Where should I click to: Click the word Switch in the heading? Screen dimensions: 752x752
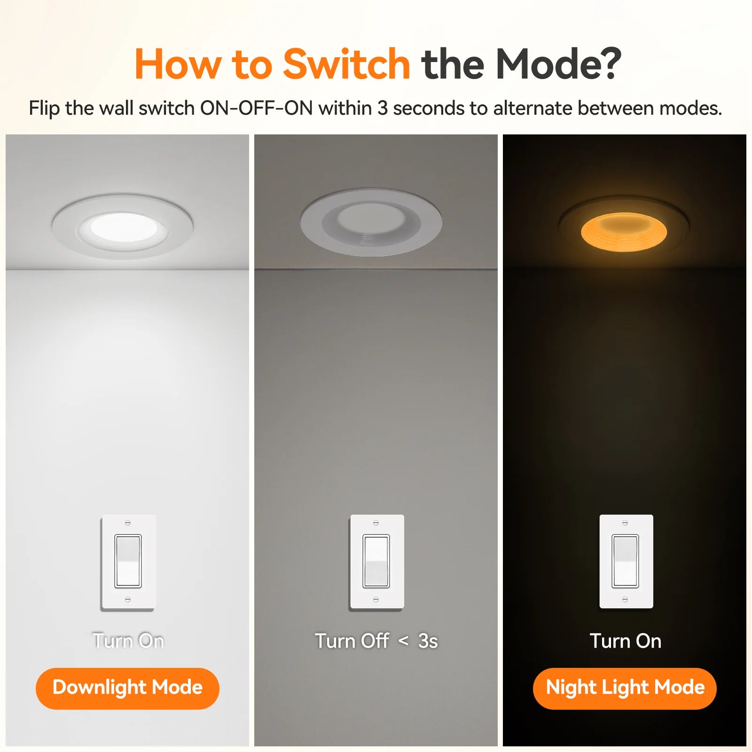click(x=347, y=64)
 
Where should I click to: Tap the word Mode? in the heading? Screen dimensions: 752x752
click(x=558, y=64)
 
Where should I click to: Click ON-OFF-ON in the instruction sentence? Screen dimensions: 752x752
click(x=257, y=108)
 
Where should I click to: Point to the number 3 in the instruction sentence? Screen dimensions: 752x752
click(x=383, y=108)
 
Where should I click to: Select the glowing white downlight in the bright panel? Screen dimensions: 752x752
click(x=123, y=227)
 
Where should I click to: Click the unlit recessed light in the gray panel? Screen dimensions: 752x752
click(x=371, y=222)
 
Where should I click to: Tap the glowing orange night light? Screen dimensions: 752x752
click(x=624, y=232)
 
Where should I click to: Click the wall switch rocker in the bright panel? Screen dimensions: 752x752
click(x=128, y=561)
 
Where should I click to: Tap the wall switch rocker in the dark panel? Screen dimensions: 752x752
click(x=625, y=561)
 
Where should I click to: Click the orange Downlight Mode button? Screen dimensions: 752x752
click(x=127, y=688)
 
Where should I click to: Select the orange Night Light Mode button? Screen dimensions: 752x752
click(x=625, y=688)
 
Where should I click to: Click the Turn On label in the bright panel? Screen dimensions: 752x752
click(x=128, y=641)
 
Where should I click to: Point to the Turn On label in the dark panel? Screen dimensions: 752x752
click(x=626, y=641)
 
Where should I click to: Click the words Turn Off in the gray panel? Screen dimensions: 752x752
click(x=352, y=641)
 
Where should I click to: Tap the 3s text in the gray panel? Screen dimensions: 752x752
click(x=428, y=641)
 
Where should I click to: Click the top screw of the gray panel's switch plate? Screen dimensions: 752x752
click(x=376, y=523)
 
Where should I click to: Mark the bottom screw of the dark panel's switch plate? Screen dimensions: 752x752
click(x=625, y=599)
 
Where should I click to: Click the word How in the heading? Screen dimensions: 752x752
click(x=178, y=64)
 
